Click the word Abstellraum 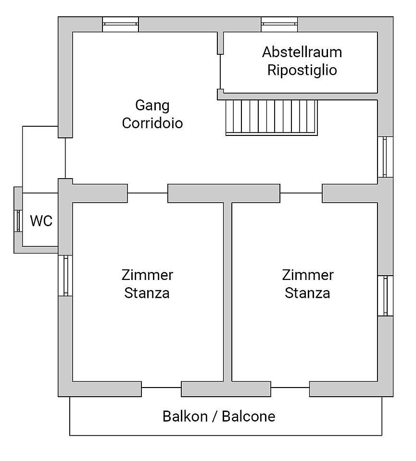point(302,52)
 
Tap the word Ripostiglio point(302,70)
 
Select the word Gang point(152,105)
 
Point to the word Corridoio point(152,123)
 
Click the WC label point(41,221)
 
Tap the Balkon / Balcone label point(219,416)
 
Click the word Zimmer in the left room point(147,275)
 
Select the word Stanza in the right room point(307,292)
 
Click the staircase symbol point(272,117)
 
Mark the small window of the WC point(18,221)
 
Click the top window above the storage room point(279,24)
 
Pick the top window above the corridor point(121,24)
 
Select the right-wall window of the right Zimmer point(385,295)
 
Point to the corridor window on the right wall point(385,157)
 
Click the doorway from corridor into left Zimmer point(148,193)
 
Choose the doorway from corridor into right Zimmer point(301,193)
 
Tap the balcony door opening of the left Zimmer point(161,388)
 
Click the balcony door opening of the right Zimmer point(289,388)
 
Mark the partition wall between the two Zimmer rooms point(228,293)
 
